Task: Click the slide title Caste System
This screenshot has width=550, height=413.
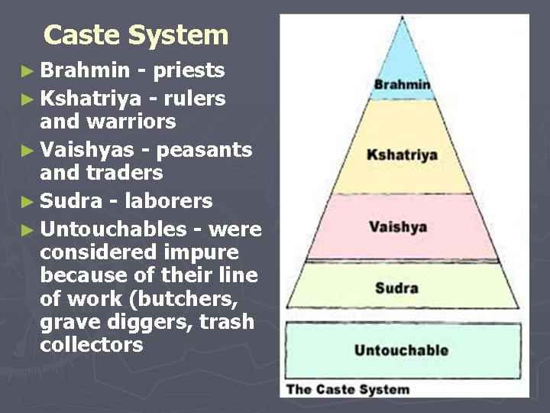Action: (x=136, y=35)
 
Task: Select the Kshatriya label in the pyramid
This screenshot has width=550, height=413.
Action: (x=402, y=154)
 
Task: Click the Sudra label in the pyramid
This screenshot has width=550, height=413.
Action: (x=396, y=288)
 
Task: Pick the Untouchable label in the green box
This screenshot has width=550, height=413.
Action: (x=401, y=350)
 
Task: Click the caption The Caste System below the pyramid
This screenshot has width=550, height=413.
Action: (x=348, y=389)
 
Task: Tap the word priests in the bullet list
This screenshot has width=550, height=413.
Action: (x=189, y=70)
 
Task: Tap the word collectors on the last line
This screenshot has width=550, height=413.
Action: (x=92, y=345)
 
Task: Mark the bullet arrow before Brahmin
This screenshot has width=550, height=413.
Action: (x=28, y=72)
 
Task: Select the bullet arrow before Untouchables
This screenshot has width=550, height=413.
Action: (x=28, y=229)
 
